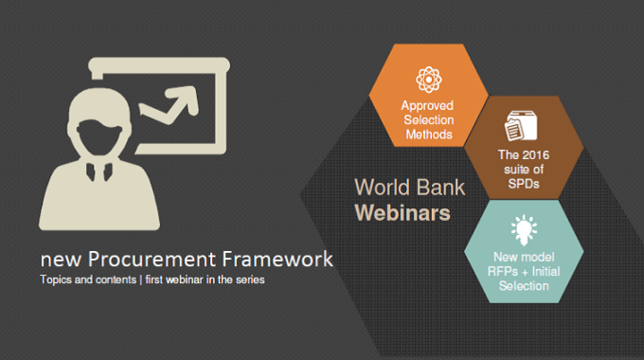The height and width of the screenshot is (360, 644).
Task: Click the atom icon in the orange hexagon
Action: (427, 78)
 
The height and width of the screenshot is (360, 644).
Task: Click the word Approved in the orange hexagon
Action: (427, 105)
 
